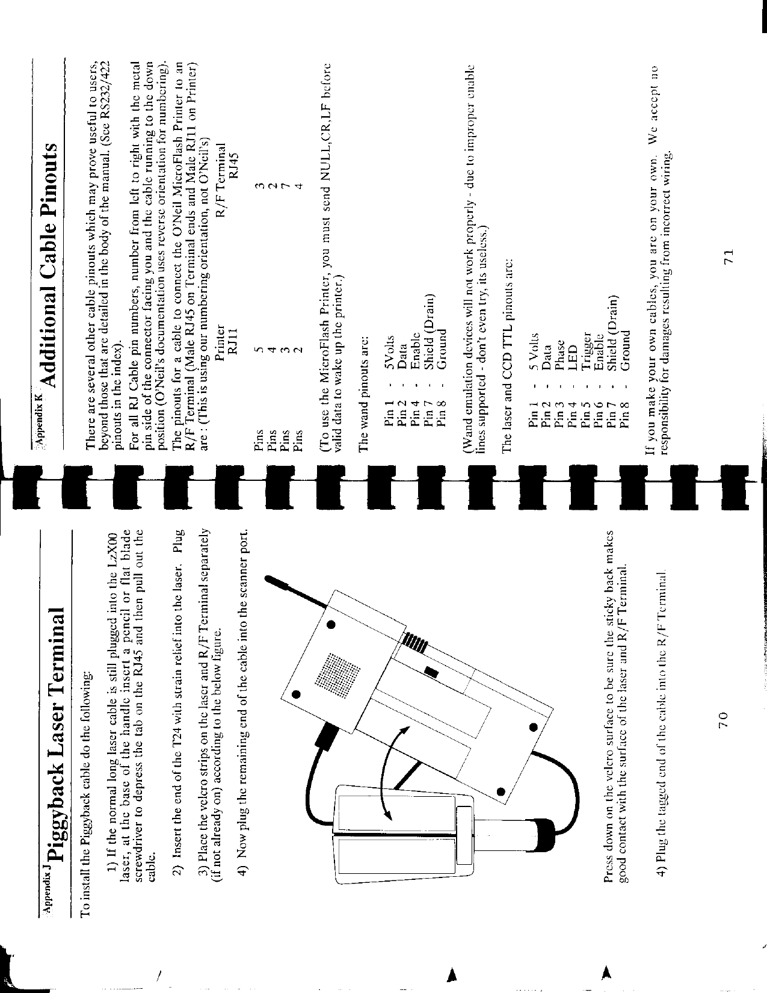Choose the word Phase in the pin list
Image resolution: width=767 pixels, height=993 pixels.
(561, 351)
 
